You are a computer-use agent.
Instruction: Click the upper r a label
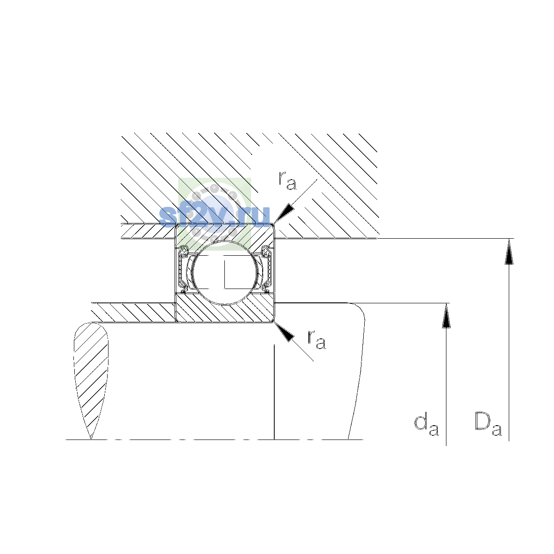[287, 181]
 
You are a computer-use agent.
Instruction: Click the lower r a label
[317, 339]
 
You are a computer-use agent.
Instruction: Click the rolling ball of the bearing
[225, 272]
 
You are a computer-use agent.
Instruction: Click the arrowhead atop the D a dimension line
[509, 252]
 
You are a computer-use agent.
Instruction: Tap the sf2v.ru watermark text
[215, 216]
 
